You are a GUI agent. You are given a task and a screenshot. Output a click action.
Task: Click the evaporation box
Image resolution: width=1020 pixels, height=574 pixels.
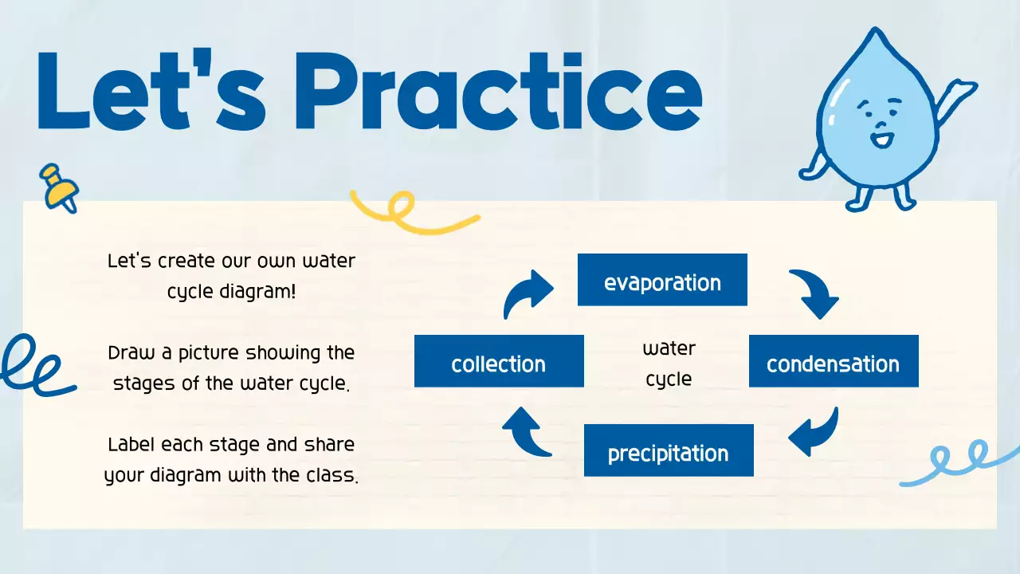(x=662, y=280)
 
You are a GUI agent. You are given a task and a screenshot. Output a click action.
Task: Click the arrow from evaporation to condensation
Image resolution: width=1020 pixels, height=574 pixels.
(x=815, y=293)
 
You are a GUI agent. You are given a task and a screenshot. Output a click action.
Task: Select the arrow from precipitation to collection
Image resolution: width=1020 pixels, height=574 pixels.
(x=525, y=432)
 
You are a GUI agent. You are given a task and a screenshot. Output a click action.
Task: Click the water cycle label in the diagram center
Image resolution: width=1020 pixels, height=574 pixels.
(x=669, y=364)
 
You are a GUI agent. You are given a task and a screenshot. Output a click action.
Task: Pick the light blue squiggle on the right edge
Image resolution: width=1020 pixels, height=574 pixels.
(x=960, y=462)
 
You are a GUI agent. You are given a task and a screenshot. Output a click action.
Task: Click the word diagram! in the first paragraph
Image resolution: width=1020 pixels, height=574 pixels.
(x=257, y=291)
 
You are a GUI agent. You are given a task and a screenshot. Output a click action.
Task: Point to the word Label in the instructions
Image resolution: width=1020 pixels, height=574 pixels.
(x=132, y=444)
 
